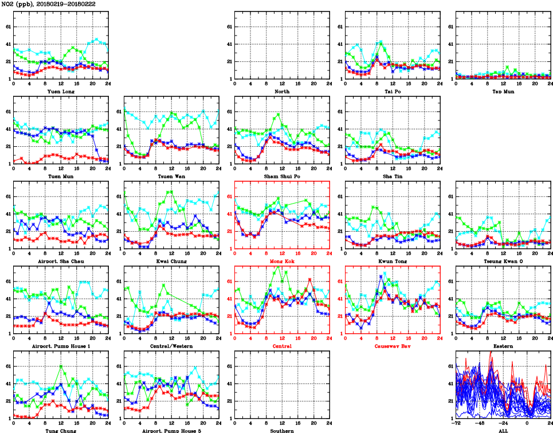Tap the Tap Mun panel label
click(503, 91)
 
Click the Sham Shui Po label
click(282, 176)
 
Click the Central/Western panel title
click(171, 346)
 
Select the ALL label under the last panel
click(503, 430)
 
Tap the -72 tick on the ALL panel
click(456, 424)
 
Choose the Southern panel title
click(282, 430)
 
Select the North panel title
click(282, 91)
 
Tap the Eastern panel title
click(503, 346)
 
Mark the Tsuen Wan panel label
click(171, 176)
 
